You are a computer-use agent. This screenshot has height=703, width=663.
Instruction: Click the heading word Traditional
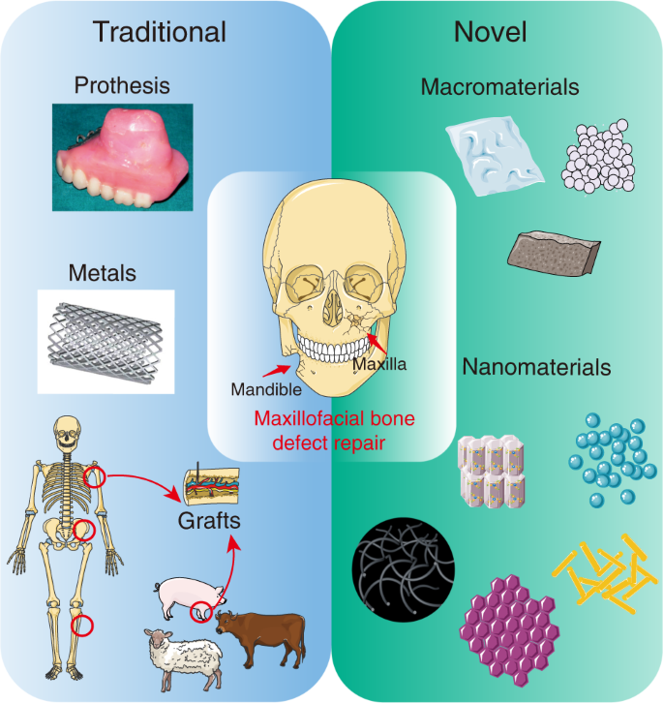point(160,32)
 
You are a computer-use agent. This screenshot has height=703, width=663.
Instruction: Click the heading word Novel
point(490,32)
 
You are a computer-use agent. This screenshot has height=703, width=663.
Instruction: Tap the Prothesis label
point(122,86)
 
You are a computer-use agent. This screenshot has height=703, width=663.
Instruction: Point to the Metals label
point(103,273)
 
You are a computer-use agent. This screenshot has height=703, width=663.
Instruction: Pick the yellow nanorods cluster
point(605,575)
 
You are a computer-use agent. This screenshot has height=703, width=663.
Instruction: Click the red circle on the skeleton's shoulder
point(94,475)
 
